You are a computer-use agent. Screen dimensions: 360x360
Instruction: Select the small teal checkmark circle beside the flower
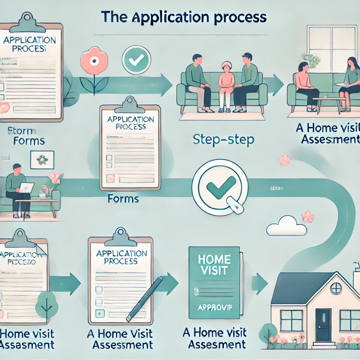point(135,58)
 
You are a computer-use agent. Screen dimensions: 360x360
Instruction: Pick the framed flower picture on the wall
point(42,160)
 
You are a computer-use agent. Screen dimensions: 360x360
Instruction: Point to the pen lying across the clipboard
point(145,297)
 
